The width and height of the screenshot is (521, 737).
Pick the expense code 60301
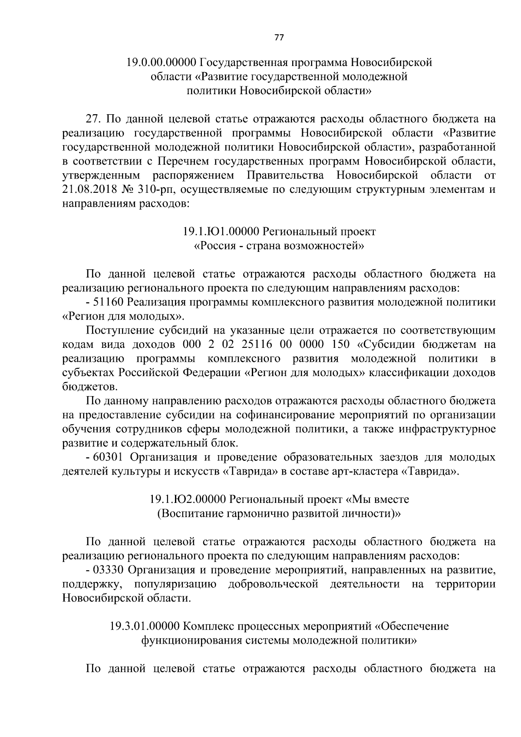[109, 457]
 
